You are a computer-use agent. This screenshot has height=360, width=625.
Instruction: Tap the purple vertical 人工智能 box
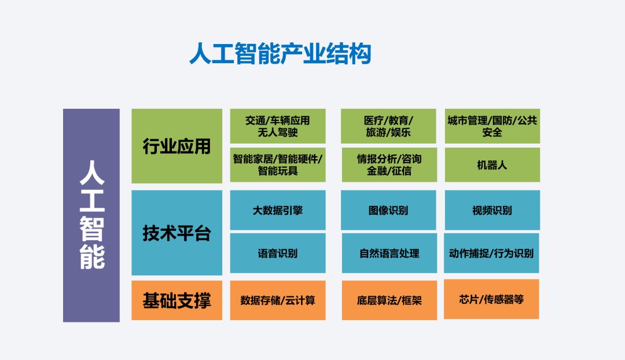(91, 215)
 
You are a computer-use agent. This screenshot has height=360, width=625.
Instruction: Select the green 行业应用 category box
(177, 146)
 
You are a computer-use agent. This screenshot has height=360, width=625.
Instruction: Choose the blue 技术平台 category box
(177, 233)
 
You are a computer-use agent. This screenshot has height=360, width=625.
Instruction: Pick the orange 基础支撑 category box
(177, 300)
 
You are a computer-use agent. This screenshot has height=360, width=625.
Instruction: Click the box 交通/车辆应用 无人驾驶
(278, 126)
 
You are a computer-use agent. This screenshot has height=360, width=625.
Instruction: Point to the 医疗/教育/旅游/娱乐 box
(388, 126)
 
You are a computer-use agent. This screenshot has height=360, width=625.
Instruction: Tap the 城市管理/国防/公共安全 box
(492, 126)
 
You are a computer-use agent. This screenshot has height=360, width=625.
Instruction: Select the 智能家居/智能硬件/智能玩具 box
(278, 164)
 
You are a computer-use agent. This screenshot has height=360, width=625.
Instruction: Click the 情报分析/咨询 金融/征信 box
(388, 164)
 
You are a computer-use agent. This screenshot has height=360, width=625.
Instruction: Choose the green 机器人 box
(492, 164)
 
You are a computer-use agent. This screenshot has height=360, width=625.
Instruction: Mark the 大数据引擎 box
(278, 210)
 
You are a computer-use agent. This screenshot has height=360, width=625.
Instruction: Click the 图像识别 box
(388, 210)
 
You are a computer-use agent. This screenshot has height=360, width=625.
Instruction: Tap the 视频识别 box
(492, 210)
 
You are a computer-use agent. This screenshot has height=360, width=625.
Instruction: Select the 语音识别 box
(278, 253)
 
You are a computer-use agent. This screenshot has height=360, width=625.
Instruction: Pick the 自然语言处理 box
(389, 253)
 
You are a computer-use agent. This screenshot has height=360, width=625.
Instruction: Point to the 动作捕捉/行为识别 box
(491, 253)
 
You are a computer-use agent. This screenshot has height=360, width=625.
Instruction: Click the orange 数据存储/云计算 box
(278, 300)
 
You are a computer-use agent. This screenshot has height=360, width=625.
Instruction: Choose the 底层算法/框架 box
(389, 300)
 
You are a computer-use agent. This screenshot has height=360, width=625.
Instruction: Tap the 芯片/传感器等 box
(491, 299)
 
